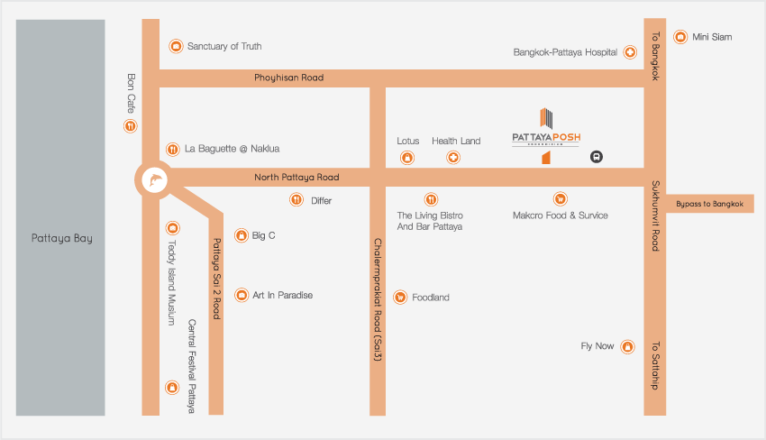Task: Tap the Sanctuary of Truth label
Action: tap(223, 46)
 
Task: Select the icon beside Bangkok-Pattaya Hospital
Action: tap(630, 52)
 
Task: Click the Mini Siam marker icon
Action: tap(680, 37)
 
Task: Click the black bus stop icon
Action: tap(596, 157)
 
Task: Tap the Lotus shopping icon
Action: tap(407, 159)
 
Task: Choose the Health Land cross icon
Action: tap(453, 159)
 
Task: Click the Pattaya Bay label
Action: tap(60, 239)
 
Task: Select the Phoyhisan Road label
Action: tap(289, 78)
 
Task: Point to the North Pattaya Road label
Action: tap(296, 178)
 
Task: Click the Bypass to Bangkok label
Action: tap(710, 204)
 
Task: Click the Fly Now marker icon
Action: tap(629, 346)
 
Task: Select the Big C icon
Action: tap(241, 236)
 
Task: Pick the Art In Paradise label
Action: tap(282, 295)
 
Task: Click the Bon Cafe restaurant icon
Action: tap(131, 126)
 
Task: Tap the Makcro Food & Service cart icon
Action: tap(560, 198)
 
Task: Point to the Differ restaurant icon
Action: tap(296, 200)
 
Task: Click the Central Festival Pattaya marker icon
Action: tap(172, 388)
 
